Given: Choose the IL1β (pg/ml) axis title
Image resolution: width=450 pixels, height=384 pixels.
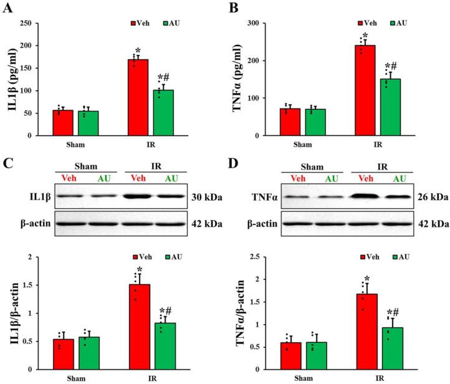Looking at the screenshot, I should (x=11, y=80).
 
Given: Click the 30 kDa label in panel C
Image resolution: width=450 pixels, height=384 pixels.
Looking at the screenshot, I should (x=205, y=198).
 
